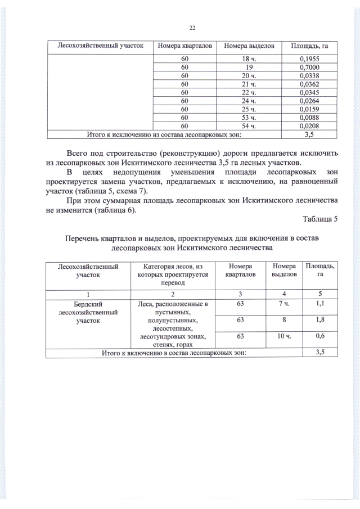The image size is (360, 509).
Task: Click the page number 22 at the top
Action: pos(191,28)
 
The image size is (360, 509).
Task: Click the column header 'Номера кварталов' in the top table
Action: pos(184,44)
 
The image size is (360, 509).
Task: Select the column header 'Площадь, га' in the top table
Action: pos(308,44)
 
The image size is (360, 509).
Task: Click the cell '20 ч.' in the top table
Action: pos(249,75)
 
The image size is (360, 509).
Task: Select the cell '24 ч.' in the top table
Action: pos(249,101)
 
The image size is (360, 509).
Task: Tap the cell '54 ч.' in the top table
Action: pos(249,126)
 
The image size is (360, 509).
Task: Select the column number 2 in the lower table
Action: pos(173,293)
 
